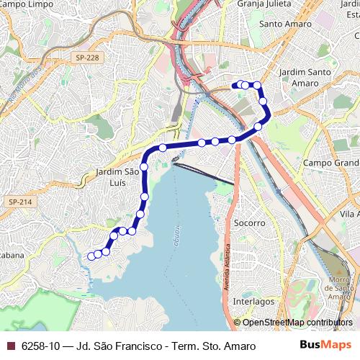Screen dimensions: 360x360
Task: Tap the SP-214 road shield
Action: [x=21, y=202]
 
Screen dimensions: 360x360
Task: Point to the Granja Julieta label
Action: [x=266, y=4]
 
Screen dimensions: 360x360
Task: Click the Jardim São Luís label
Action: [x=116, y=176]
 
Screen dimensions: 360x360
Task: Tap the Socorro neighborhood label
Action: [x=250, y=223]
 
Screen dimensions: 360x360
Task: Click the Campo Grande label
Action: [x=330, y=163]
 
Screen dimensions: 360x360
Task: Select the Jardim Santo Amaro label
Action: [x=304, y=78]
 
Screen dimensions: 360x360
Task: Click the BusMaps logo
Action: [x=325, y=345]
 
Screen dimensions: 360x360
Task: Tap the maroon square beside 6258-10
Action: [x=10, y=346]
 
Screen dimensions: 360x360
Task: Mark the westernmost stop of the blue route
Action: [x=91, y=256]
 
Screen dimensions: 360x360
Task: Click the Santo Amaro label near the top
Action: [x=280, y=23]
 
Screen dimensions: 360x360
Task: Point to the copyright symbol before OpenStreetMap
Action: [x=237, y=323]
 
